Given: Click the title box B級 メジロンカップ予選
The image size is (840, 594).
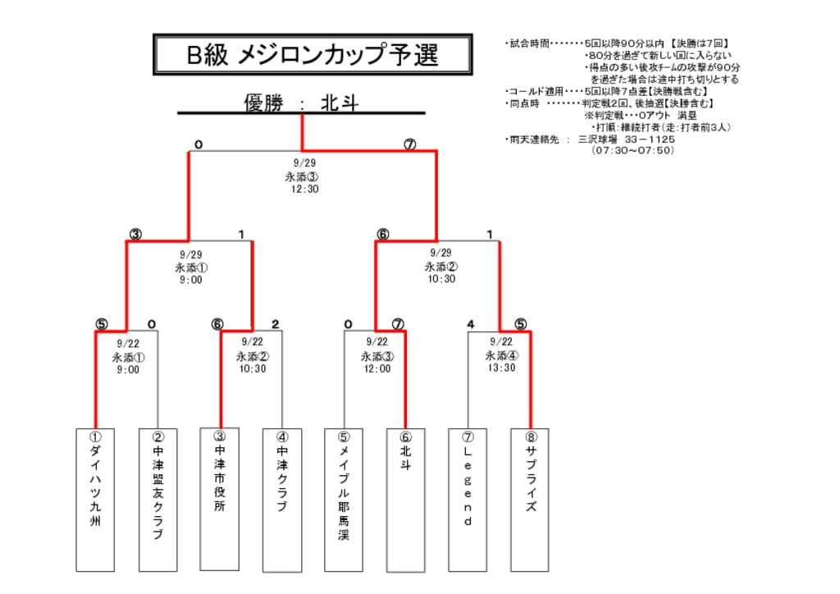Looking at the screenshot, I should pos(313,54).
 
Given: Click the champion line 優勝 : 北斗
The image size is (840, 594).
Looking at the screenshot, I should pos(301,103).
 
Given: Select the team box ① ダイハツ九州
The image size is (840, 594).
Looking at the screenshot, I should pos(95,499).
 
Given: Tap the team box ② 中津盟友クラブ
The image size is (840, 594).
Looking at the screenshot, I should pos(157,499).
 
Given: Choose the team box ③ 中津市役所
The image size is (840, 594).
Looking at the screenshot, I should pos(220,499).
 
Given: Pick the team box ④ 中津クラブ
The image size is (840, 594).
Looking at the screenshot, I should pos(282,499).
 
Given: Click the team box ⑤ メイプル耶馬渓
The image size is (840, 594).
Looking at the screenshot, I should pos(344,499).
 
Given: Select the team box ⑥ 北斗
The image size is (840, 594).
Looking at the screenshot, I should pos(406,499).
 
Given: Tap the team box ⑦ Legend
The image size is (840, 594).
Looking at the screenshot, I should pos(468,499).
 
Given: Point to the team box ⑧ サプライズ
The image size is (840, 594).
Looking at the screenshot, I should pos(530,499).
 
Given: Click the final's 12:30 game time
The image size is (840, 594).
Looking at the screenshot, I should pos(304,190).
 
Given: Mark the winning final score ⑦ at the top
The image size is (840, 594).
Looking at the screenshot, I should pos(409,145).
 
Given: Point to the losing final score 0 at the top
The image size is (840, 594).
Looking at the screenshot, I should pos(198,145).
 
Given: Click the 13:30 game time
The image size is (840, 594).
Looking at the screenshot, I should pos(502,368).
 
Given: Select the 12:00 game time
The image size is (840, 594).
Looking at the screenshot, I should pos(377,369).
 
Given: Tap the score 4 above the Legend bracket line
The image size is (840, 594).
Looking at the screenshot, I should pos(470,324).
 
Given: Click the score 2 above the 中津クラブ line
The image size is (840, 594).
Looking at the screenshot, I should pos(276,324).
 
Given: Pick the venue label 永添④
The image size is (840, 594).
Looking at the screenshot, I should pos(502,356).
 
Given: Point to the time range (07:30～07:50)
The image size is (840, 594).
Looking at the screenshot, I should pos(633,151).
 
